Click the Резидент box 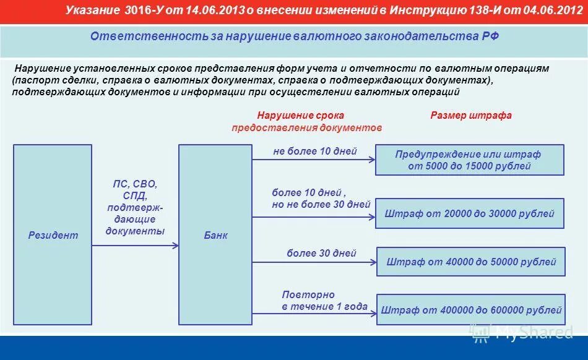click(53, 235)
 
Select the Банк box click(215, 235)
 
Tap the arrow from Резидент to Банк click(135, 246)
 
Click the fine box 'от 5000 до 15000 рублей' click(470, 160)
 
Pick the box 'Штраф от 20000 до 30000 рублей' click(470, 214)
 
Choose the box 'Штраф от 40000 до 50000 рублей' click(471, 262)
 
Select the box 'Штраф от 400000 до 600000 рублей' click(471, 310)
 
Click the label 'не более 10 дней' click(314, 152)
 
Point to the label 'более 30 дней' click(321, 254)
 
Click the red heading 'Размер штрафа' click(470, 116)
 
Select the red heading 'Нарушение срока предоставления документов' click(307, 121)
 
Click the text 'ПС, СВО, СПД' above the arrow click(135, 190)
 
